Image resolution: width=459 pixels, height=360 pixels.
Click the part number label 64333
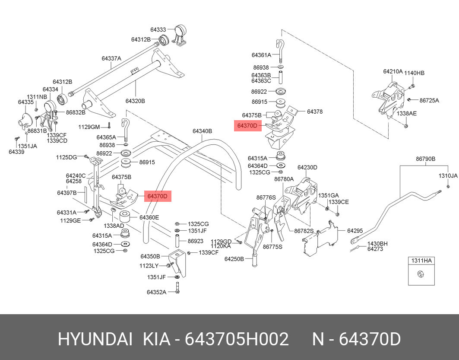pyautogui.click(x=158, y=30)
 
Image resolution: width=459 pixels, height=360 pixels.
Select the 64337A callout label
pyautogui.click(x=111, y=58)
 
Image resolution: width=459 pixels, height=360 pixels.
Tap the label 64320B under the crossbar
pyautogui.click(x=135, y=101)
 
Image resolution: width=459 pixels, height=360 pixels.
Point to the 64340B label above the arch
pyautogui.click(x=202, y=131)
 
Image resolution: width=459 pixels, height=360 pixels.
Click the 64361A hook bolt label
pyautogui.click(x=261, y=55)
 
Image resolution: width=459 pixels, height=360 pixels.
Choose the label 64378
pyautogui.click(x=315, y=112)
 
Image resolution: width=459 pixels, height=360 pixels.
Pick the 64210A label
pyautogui.click(x=393, y=71)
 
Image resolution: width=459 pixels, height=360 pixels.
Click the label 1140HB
pyautogui.click(x=414, y=73)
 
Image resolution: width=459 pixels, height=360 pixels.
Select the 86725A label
pyautogui.click(x=429, y=100)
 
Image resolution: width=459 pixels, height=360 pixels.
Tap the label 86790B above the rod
pyautogui.click(x=426, y=159)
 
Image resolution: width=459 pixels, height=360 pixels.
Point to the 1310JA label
pyautogui.click(x=448, y=176)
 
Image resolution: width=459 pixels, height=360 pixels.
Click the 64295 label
pyautogui.click(x=355, y=231)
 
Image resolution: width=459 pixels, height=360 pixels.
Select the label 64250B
pyautogui.click(x=234, y=259)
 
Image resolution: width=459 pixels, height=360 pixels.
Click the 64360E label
pyautogui.click(x=149, y=217)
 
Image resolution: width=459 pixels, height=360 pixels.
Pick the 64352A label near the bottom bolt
pyautogui.click(x=156, y=292)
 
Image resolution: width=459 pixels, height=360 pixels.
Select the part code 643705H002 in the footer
pyautogui.click(x=237, y=340)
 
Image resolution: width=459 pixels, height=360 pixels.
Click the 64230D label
pyautogui.click(x=307, y=167)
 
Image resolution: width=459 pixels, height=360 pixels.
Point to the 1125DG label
pyautogui.click(x=66, y=157)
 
